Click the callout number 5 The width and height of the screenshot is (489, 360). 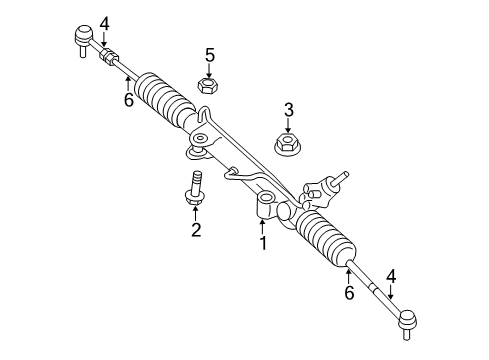click(x=210, y=55)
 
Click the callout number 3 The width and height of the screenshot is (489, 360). click(x=288, y=109)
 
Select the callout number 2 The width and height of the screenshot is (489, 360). click(x=196, y=231)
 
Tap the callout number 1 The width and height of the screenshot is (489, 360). click(x=263, y=242)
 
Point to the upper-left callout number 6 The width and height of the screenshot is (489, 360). click(x=128, y=100)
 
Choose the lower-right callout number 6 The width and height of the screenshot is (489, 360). click(x=349, y=292)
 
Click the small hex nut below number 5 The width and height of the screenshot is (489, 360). click(x=209, y=87)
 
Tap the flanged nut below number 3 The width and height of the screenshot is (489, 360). click(x=288, y=148)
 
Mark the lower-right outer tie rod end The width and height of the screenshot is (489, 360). click(x=408, y=320)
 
